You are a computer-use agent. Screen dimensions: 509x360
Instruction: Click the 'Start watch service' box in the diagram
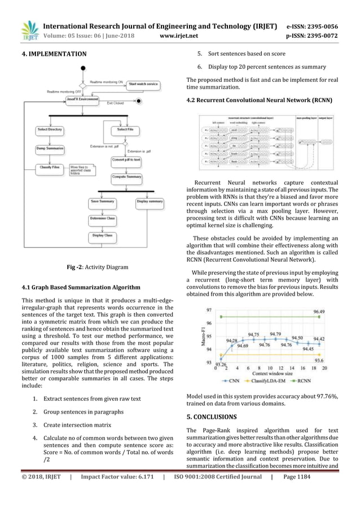click(143, 84)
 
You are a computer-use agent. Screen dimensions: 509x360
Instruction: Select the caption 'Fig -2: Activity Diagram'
click(97, 267)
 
